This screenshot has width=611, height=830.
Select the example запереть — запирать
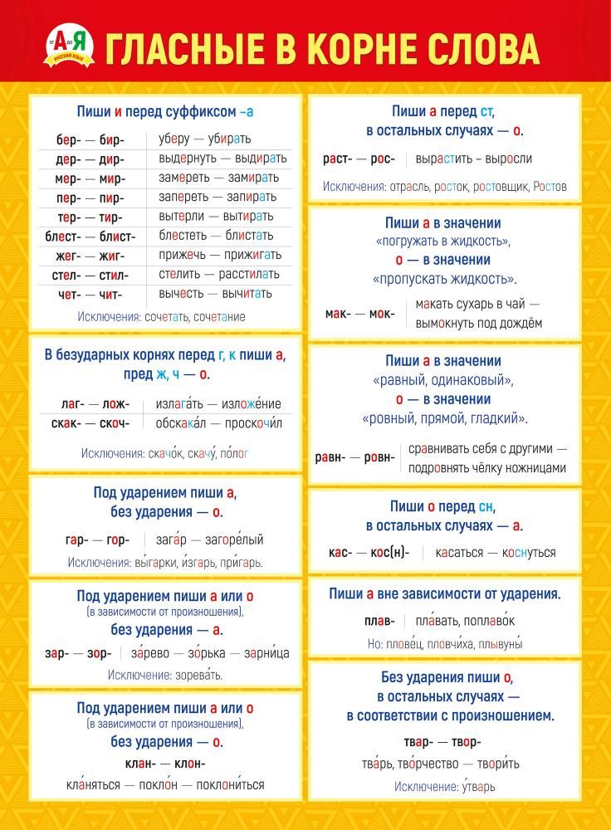click(x=218, y=197)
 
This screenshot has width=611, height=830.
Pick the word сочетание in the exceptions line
click(x=219, y=316)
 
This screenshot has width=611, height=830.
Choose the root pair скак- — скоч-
click(x=95, y=423)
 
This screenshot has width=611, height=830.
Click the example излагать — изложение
click(x=218, y=404)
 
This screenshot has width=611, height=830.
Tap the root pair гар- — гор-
click(x=98, y=540)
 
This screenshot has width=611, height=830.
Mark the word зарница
click(x=266, y=653)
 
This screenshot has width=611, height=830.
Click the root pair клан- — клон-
click(x=165, y=764)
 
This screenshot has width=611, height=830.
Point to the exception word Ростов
click(x=549, y=187)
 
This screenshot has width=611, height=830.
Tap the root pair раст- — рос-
click(x=359, y=159)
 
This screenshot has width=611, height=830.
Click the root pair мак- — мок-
click(x=360, y=313)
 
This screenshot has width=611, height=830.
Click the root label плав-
click(x=378, y=621)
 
